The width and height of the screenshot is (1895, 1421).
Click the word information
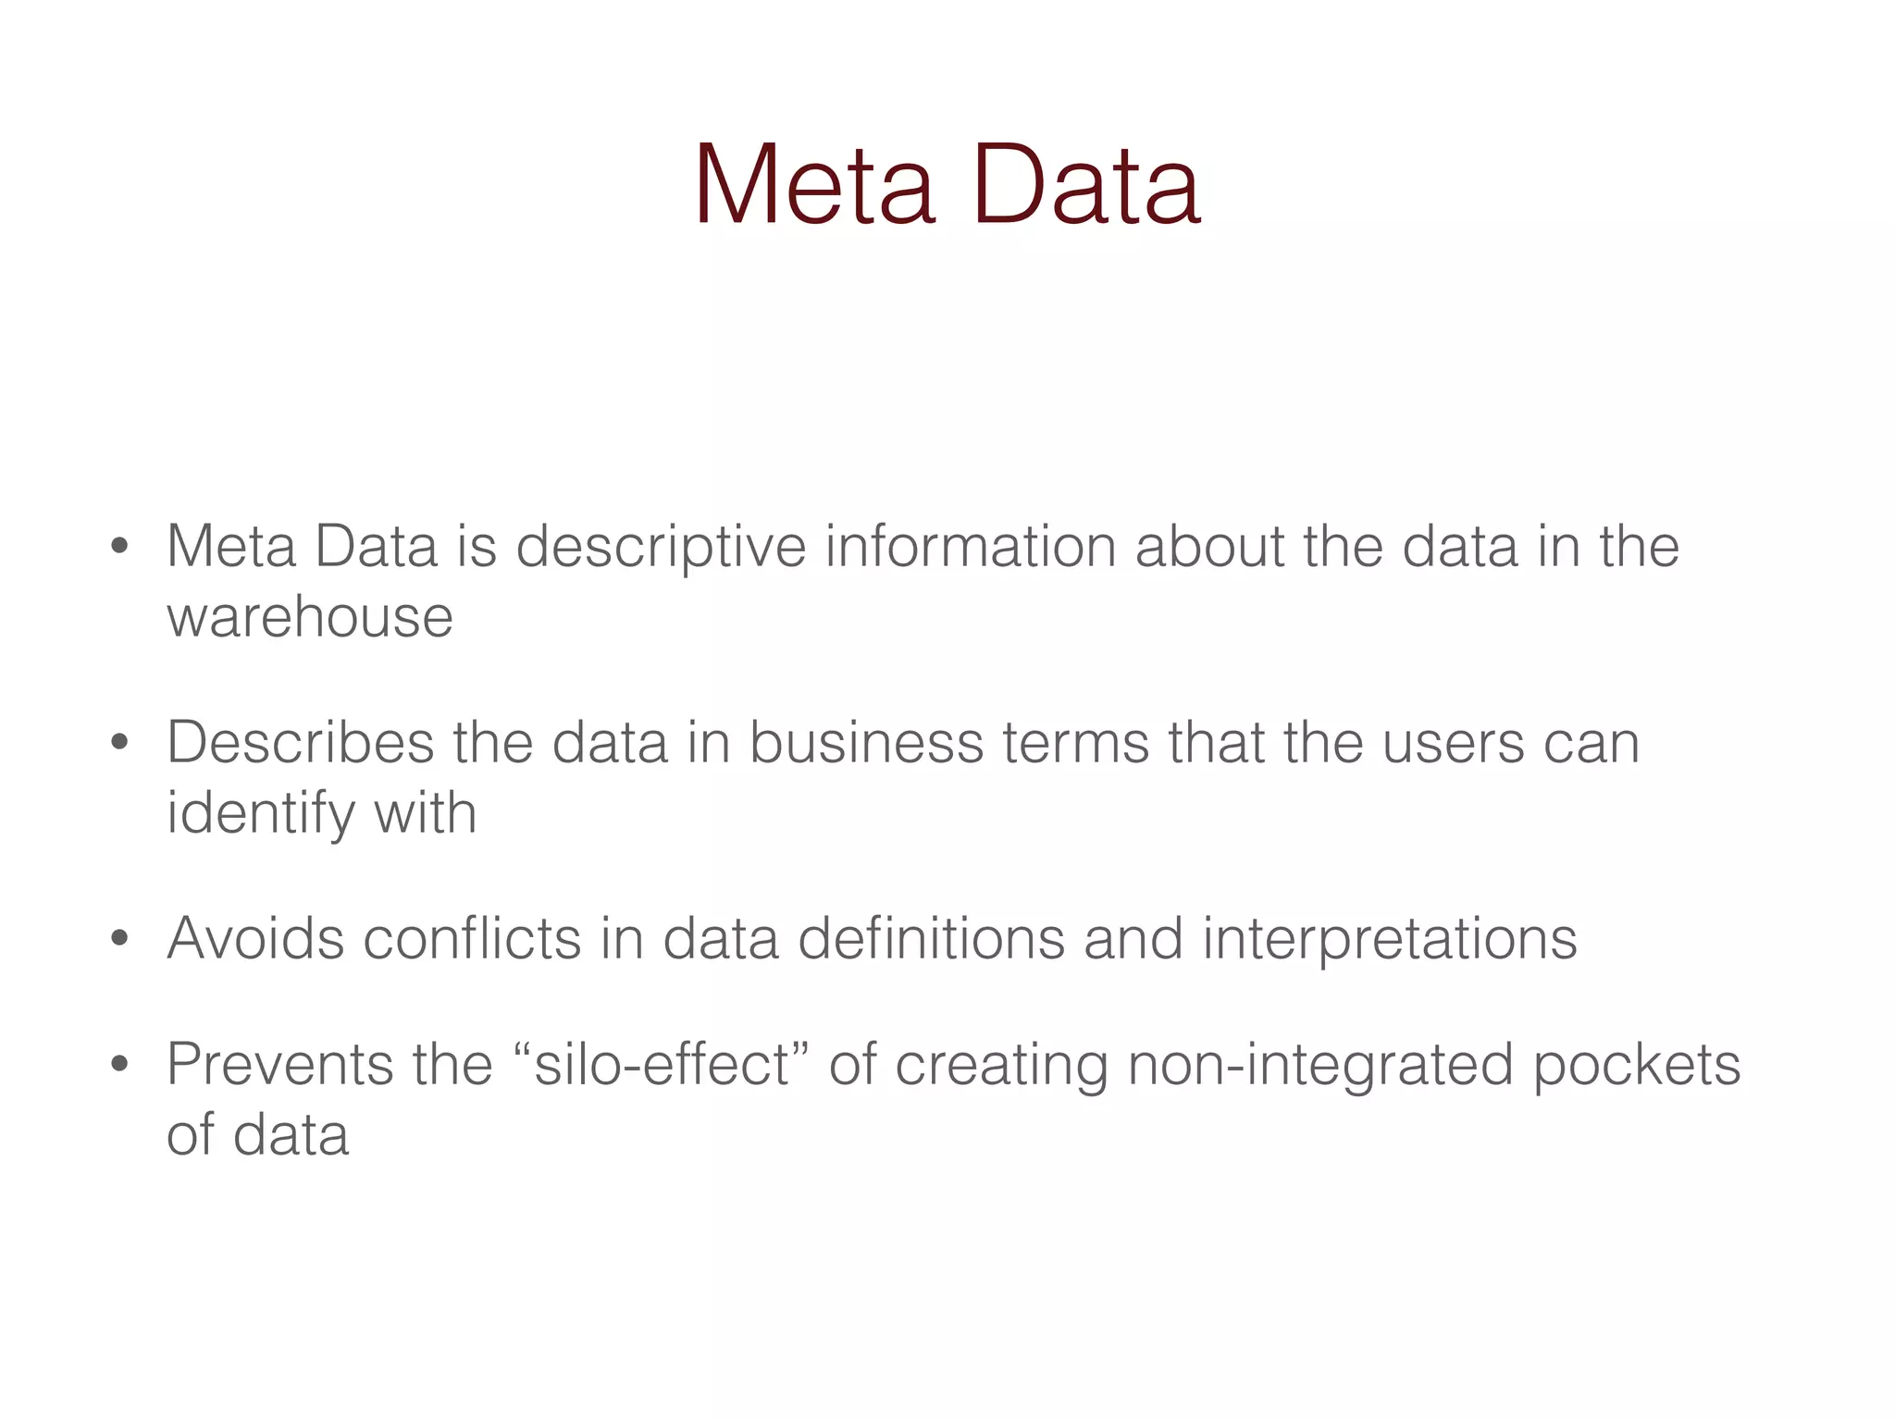coord(971,546)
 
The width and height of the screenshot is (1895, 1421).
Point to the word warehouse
coord(310,617)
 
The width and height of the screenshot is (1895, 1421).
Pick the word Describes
coord(300,742)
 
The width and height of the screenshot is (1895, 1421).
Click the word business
coord(866,742)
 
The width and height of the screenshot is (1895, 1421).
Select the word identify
coord(261,814)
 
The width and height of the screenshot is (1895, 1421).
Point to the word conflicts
coord(472,938)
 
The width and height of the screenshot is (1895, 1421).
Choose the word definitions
coord(931,938)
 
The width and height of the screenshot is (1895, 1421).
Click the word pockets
coord(1637,1066)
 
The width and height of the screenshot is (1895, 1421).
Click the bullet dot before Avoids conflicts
coord(118,940)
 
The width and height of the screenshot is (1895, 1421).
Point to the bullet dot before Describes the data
coord(118,743)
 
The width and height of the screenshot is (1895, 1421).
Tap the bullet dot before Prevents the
coord(118,1065)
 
